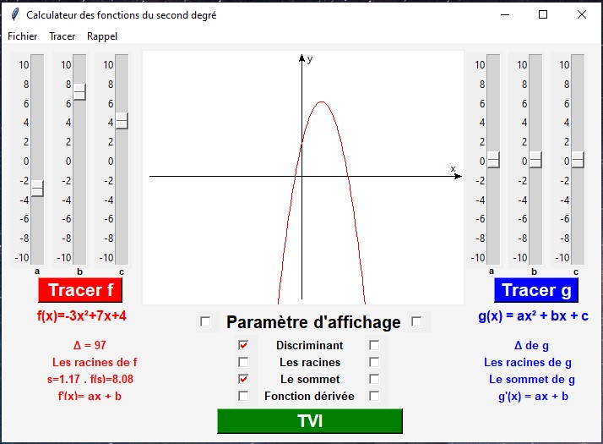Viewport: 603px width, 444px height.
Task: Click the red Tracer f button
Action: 80,290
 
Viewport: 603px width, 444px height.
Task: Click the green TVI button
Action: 309,421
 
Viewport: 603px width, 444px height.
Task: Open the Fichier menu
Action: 23,36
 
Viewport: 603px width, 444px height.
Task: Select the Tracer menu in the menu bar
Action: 62,36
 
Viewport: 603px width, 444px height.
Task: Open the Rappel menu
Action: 102,36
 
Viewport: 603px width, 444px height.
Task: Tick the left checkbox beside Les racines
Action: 243,362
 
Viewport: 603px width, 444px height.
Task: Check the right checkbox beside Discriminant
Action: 374,345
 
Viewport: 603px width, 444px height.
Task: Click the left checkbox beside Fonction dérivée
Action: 243,396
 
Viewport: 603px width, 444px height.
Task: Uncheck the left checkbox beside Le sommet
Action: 243,379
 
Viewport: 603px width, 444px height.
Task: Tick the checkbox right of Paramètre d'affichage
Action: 416,321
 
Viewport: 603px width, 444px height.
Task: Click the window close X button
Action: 582,14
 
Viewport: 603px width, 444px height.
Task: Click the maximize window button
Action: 543,14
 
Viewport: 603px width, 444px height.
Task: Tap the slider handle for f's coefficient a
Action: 37,189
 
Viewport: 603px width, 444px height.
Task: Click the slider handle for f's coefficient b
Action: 79,91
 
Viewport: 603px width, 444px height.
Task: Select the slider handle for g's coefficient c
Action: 578,159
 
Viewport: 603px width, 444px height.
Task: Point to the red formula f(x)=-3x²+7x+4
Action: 82,315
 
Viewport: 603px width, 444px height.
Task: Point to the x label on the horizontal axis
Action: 453,169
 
